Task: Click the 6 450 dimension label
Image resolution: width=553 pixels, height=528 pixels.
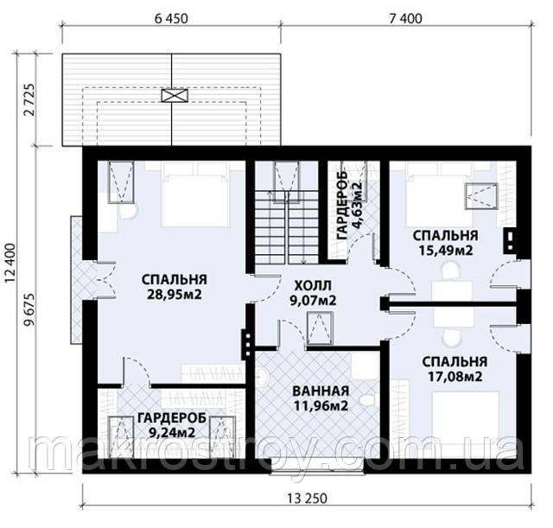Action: (171, 18)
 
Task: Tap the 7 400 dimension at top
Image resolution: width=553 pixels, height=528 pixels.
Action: (405, 18)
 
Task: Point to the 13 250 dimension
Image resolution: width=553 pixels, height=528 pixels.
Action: (307, 499)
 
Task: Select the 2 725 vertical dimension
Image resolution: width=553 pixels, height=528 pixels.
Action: (29, 100)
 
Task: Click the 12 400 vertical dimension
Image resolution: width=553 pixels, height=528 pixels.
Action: (10, 263)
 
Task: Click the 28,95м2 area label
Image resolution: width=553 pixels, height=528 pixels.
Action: (175, 294)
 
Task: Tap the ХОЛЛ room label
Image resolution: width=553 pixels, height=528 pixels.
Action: (313, 285)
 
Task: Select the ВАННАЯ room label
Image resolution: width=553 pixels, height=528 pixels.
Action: (321, 391)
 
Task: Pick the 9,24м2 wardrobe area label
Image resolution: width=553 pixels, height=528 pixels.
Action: (172, 432)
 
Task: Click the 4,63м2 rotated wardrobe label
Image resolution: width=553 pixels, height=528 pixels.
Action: (358, 206)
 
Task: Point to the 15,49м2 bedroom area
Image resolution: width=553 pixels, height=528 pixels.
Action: (446, 251)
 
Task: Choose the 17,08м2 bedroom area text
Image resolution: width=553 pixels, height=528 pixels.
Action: (455, 377)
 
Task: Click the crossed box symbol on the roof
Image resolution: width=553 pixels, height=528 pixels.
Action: (175, 95)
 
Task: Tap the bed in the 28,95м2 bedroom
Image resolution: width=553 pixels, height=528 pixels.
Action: (194, 194)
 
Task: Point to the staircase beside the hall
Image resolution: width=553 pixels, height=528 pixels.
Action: (286, 227)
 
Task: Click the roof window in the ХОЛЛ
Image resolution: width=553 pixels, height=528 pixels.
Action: (320, 328)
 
